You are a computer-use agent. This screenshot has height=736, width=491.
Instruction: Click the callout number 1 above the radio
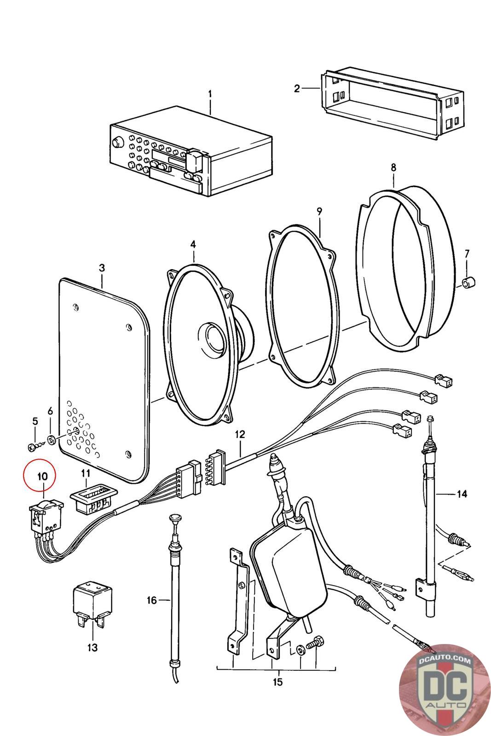[210, 94]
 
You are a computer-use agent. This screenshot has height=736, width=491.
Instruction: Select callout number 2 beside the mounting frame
[297, 88]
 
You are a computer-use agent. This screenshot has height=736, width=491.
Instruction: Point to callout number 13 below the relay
[92, 647]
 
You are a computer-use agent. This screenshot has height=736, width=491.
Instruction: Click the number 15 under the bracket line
[277, 682]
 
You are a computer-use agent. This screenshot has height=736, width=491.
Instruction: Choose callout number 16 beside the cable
[152, 600]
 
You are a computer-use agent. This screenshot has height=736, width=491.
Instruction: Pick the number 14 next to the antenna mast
[462, 494]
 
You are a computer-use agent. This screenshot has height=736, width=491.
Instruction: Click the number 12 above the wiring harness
[240, 434]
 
